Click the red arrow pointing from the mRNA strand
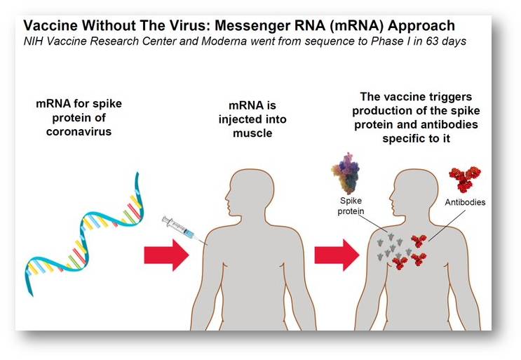tap(166, 255)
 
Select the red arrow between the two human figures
tap(337, 255)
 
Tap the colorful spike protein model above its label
tap(346, 173)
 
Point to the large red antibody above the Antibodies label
tap(464, 179)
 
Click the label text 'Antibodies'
tap(465, 202)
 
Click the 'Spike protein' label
tap(351, 206)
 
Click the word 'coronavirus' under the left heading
tap(79, 132)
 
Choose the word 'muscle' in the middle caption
tap(252, 133)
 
